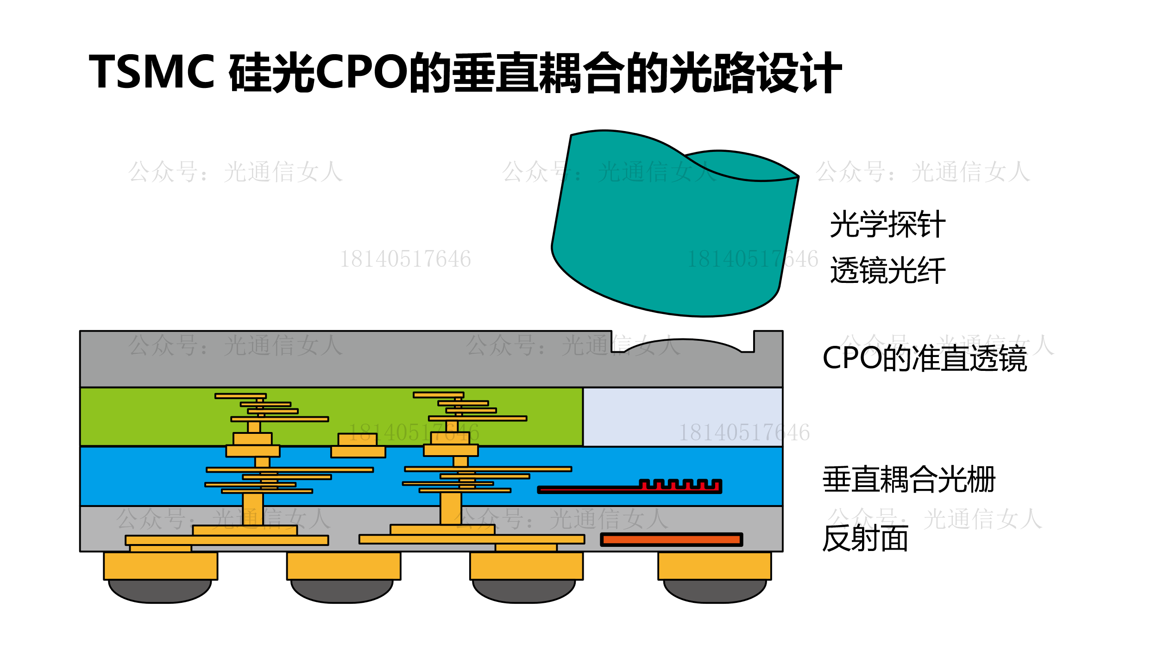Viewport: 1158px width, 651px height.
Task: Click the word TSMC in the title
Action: (152, 72)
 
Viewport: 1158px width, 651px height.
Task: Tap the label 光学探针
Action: (887, 225)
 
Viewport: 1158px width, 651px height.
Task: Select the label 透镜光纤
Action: (887, 270)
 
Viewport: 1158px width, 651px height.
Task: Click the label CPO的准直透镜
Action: (925, 358)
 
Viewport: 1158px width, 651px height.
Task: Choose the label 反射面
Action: (865, 538)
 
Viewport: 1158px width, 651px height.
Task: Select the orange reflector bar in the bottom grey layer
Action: (671, 539)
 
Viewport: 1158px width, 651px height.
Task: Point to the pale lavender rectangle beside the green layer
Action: (682, 417)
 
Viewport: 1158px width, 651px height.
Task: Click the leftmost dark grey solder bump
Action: (160, 591)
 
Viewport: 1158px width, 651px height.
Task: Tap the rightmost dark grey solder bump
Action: (715, 591)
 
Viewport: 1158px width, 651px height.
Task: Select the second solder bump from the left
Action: (342, 591)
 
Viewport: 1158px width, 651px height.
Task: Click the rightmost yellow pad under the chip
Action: (714, 565)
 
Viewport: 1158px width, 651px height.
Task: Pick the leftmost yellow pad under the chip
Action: (160, 565)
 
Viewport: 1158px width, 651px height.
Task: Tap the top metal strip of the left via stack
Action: (240, 396)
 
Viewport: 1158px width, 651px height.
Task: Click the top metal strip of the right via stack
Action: (438, 395)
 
